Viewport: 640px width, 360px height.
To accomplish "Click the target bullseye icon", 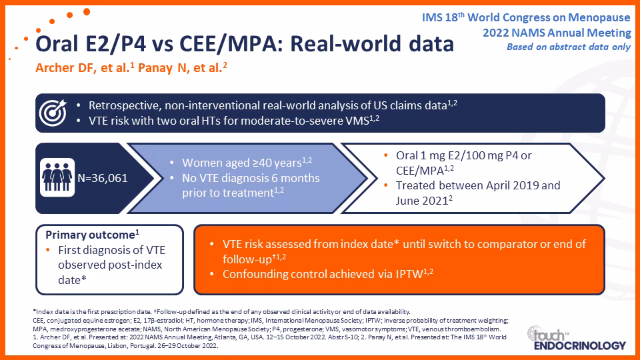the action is (53, 113).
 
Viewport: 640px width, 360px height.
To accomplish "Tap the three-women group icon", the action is (57, 177).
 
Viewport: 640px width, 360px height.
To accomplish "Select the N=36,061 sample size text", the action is (103, 178).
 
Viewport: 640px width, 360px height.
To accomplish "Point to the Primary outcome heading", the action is (92, 235).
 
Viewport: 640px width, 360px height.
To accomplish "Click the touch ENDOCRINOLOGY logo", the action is (576, 338).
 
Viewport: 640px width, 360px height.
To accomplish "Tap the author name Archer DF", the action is (65, 68).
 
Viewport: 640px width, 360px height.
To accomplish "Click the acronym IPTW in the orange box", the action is (409, 274).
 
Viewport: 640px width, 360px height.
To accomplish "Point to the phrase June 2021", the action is (422, 201).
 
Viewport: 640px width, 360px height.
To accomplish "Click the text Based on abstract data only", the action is (569, 47).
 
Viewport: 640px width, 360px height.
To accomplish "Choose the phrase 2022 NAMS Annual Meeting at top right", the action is (557, 33).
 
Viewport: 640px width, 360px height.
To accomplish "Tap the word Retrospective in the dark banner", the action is (125, 106).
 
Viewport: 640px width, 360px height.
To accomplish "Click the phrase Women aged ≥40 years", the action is (242, 163).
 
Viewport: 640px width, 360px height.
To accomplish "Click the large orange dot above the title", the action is (87, 12).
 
